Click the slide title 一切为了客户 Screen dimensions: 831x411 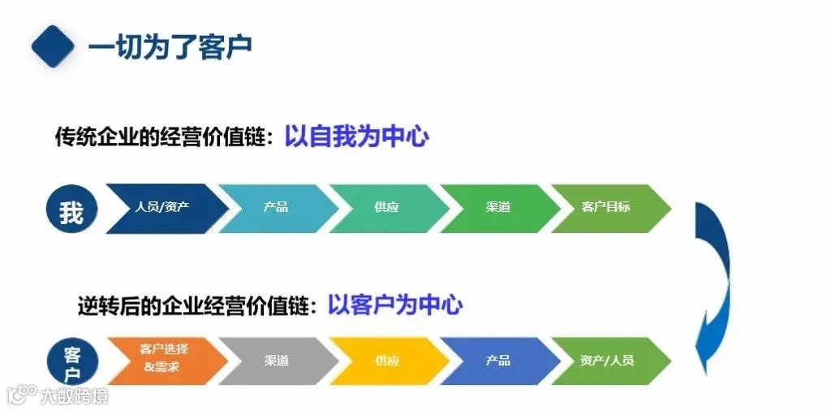tap(170, 45)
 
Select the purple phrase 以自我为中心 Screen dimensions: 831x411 tap(356, 136)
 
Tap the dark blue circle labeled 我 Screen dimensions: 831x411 tap(71, 210)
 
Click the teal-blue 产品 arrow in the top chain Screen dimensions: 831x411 tap(276, 208)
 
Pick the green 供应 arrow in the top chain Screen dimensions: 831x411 tap(387, 208)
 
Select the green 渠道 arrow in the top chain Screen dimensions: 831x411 tap(497, 208)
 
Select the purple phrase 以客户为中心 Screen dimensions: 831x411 tap(395, 305)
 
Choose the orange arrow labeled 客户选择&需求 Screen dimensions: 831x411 tap(163, 360)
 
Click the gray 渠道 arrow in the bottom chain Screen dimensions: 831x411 tap(276, 361)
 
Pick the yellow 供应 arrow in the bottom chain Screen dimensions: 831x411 tap(387, 361)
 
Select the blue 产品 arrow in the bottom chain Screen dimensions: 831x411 tap(497, 361)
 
